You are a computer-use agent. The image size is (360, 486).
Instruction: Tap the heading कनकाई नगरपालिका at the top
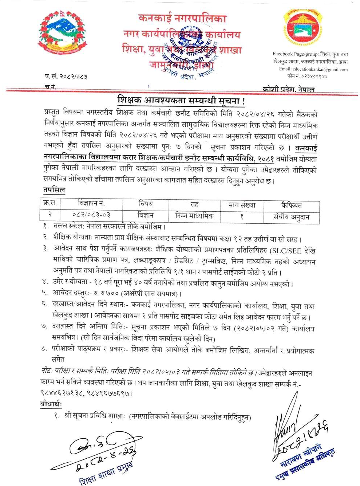coord(182,18)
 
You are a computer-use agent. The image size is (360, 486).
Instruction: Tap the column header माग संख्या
coord(242,205)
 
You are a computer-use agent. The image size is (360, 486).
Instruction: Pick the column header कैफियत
coord(291,205)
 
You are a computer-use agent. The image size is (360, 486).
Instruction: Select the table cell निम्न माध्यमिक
coord(194,216)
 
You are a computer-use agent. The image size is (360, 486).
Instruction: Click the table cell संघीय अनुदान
coord(291,217)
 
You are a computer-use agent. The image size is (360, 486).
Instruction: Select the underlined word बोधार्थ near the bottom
coord(51,405)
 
